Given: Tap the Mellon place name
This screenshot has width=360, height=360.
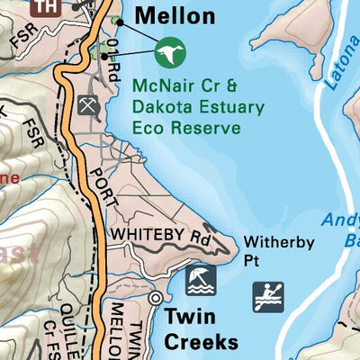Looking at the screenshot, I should (175, 16).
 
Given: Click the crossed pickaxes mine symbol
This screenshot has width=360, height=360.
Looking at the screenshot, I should (87, 104).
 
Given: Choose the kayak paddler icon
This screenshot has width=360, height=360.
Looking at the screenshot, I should (268, 296).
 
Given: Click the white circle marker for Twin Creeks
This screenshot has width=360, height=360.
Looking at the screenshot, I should (156, 297).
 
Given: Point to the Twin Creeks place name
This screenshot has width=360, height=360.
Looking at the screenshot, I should (201, 328).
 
